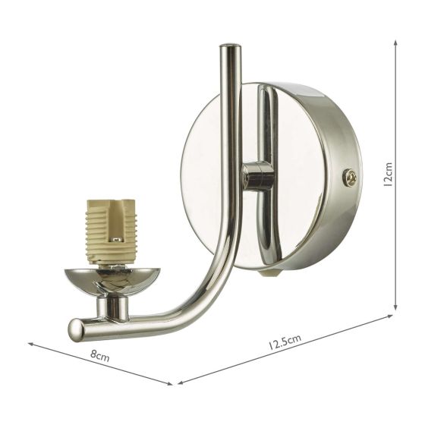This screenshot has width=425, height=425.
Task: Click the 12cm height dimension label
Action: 388,174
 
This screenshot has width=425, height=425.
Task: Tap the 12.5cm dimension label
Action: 285,342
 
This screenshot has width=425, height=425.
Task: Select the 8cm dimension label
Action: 99,355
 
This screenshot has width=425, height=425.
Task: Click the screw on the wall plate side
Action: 350,178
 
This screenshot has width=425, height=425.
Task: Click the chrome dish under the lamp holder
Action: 112,282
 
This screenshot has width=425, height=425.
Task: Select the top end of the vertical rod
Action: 230,46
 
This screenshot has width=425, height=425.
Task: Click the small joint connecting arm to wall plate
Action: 257,177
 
